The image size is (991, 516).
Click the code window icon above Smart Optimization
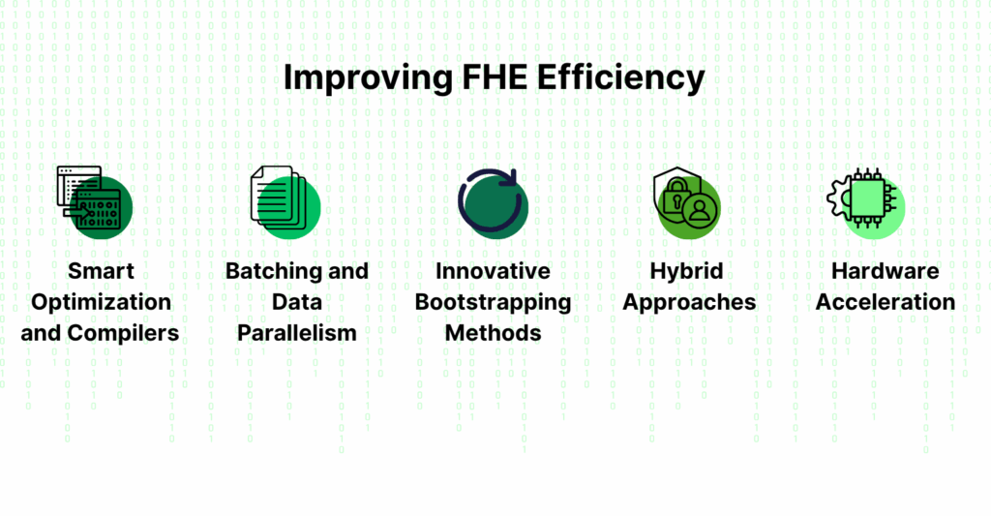[x=92, y=200]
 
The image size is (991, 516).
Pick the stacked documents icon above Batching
[x=284, y=200]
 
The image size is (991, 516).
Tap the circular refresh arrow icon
[x=492, y=201]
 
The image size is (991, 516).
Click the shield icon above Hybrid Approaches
[x=686, y=201]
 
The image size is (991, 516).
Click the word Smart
[x=101, y=270]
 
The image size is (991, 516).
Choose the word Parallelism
[x=297, y=333]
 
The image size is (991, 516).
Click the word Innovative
[x=493, y=270]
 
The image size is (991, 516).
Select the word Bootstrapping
[x=493, y=301]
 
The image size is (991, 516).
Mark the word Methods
[x=493, y=333]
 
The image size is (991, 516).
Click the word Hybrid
[x=687, y=270]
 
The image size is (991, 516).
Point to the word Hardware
[x=885, y=270]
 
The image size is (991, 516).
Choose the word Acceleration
[x=885, y=301]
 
